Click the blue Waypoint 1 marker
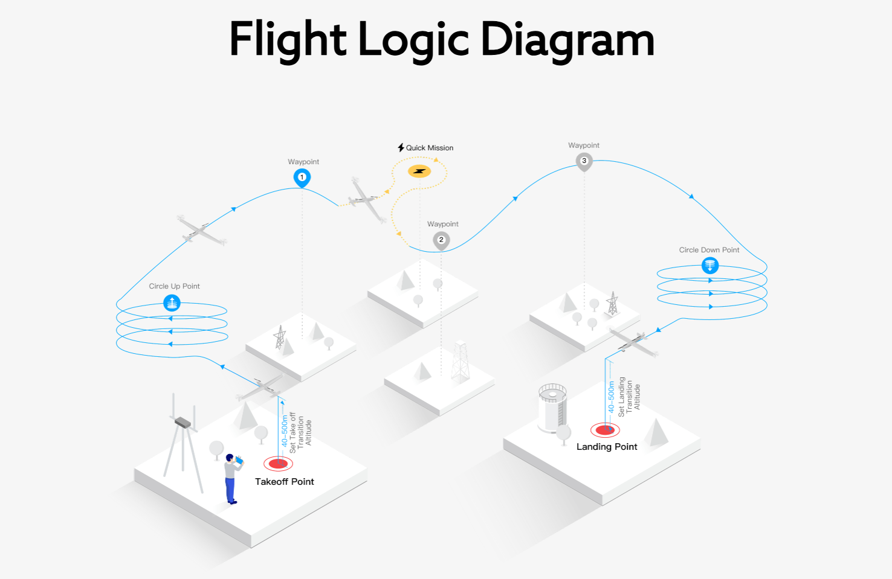(x=302, y=178)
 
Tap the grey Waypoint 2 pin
(x=441, y=240)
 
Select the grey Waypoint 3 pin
(x=584, y=161)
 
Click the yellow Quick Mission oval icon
(x=419, y=171)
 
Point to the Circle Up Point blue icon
(x=172, y=302)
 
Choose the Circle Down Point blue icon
(x=710, y=265)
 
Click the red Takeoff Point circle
(x=278, y=464)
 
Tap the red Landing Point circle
(x=605, y=430)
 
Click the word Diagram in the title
(x=567, y=40)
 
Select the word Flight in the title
(x=288, y=40)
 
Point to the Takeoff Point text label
(x=284, y=482)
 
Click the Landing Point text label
(x=607, y=447)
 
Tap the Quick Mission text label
(x=429, y=148)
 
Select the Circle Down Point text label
(x=709, y=250)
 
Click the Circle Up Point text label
(x=174, y=286)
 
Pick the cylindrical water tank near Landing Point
(x=552, y=408)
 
